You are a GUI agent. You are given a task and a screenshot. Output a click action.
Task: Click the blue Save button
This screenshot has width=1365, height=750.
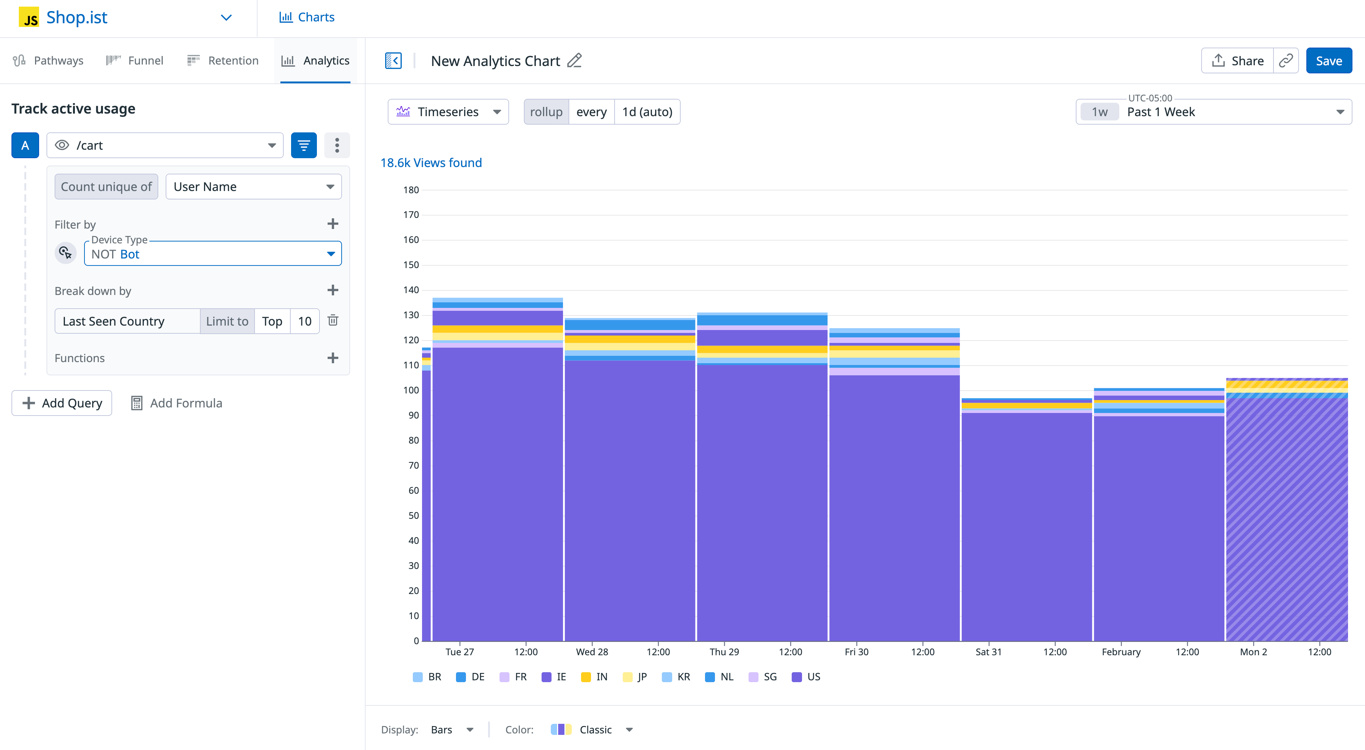(x=1328, y=61)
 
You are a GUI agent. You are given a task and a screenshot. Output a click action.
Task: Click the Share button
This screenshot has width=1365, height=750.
(x=1237, y=61)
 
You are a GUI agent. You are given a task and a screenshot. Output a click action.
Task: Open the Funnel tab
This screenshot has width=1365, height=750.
(x=135, y=60)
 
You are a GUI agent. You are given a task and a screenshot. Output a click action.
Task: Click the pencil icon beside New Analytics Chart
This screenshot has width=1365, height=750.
(x=574, y=60)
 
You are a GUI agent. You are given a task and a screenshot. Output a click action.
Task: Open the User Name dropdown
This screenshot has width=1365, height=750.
(x=253, y=187)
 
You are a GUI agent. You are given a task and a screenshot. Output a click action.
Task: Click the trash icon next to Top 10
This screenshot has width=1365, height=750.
(x=333, y=320)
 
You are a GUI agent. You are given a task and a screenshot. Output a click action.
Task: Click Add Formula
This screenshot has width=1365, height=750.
(x=176, y=403)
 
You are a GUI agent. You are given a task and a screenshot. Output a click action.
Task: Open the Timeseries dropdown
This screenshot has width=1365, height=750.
(x=448, y=112)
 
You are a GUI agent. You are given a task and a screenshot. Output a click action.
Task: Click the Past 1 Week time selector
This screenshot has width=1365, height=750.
(x=1213, y=112)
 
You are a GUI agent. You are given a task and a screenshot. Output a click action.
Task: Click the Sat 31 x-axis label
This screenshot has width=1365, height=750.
(x=988, y=652)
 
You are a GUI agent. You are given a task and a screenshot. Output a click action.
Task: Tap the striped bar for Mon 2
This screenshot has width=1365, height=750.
(x=1286, y=519)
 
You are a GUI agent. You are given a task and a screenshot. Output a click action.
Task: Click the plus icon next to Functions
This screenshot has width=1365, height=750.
(x=333, y=358)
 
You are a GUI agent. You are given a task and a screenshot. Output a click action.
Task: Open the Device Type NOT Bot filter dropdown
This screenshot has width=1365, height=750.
(x=212, y=254)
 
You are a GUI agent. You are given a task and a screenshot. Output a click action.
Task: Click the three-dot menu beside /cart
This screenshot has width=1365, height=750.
(x=337, y=145)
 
